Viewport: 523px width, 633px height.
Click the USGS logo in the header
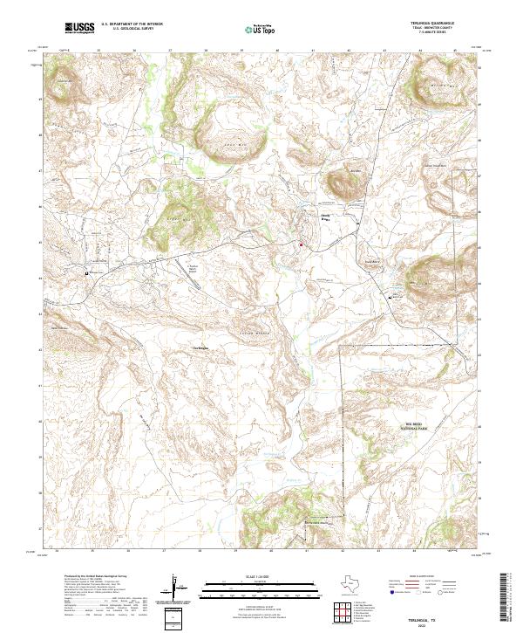pos(79,29)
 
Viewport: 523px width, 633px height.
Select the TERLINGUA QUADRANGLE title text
pos(434,24)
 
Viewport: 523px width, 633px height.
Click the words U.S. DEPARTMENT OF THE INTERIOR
pos(132,24)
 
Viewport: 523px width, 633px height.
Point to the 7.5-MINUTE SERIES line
pos(434,34)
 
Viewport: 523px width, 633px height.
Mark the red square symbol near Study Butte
pos(302,244)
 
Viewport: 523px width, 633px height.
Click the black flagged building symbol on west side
pos(87,273)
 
